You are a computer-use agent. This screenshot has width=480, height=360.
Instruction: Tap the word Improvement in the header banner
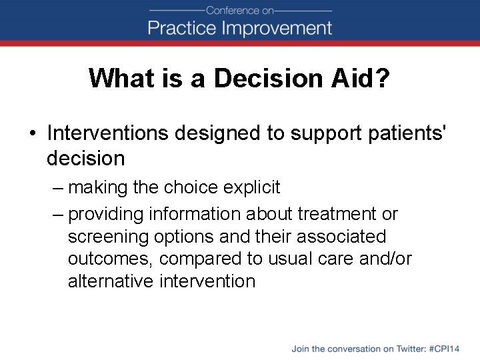[274, 28]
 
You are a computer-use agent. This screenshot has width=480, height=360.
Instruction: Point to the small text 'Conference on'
[239, 10]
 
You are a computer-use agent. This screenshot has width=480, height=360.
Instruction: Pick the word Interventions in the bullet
[107, 133]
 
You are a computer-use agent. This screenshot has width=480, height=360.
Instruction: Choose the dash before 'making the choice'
[58, 188]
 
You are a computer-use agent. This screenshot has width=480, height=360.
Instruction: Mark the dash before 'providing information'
[58, 214]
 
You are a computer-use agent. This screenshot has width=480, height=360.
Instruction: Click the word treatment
[336, 214]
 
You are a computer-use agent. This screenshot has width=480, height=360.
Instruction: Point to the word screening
[103, 237]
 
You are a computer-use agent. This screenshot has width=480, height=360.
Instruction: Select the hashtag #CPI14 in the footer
[444, 349]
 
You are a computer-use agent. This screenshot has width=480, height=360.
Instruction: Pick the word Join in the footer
[300, 349]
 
